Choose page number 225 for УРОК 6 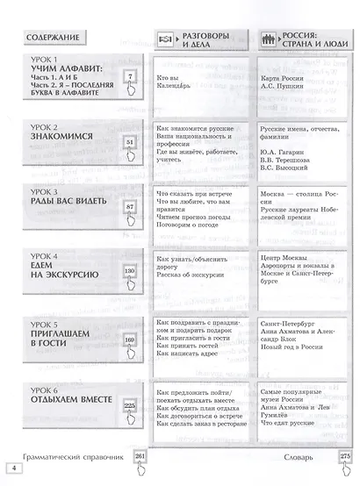pyautogui.click(x=130, y=405)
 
